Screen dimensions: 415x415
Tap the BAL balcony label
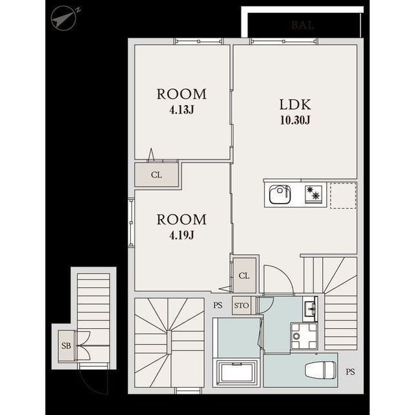[303, 25]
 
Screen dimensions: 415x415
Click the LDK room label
[295, 104]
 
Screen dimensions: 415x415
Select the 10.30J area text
[295, 121]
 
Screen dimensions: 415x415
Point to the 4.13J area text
[182, 110]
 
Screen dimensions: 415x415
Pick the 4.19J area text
[182, 235]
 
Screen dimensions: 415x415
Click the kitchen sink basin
[279, 195]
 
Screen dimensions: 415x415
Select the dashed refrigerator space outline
[343, 195]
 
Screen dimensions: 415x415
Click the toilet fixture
[320, 370]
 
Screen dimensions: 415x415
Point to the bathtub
[237, 373]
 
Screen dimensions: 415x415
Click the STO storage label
[241, 305]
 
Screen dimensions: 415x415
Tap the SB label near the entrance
[66, 346]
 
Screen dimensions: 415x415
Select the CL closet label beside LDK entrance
[244, 276]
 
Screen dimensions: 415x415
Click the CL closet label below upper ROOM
[156, 174]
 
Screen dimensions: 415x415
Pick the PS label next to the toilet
[350, 372]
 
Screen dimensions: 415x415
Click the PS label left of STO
[218, 305]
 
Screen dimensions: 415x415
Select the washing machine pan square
[303, 336]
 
